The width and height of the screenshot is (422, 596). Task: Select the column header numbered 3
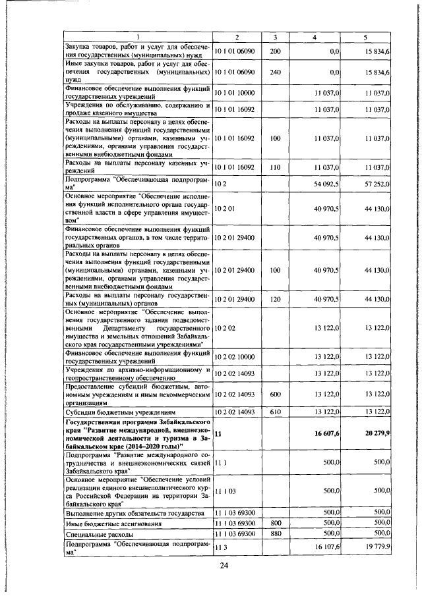tap(276, 38)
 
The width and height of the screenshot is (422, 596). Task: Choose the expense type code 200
tap(276, 51)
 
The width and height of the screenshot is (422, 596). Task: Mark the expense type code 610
tap(276, 412)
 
